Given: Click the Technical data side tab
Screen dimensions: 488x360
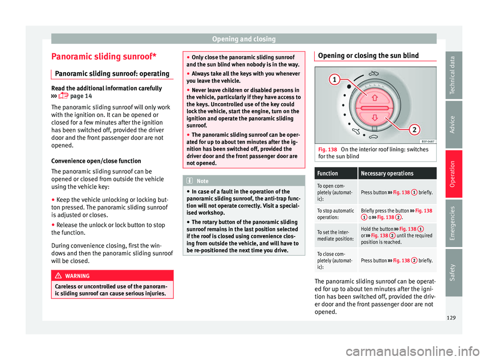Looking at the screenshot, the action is pos(453,75).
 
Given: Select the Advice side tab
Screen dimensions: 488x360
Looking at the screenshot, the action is pos(453,125).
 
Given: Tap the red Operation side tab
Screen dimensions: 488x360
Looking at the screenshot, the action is pos(453,174).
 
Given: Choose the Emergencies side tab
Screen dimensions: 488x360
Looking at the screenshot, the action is pos(453,223).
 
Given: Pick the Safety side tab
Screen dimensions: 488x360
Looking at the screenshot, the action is pos(453,273).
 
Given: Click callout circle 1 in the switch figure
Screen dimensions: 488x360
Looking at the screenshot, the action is pos(334,79).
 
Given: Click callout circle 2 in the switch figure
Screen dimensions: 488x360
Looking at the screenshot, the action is pos(414,129).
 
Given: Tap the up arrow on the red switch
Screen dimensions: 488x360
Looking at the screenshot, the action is pos(375,98).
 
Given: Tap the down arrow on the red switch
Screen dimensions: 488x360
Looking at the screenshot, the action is pos(375,117).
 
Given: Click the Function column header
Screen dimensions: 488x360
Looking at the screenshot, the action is pos(327,173).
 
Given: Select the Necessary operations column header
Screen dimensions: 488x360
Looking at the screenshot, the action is pos(387,173).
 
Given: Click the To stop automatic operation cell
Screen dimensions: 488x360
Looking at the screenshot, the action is pos(336,214).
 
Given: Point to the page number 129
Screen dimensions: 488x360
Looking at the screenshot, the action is pos(451,318).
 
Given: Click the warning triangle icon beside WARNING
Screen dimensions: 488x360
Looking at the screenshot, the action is pos(58,276).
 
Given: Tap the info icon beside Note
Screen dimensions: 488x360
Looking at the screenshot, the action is pos(190,181).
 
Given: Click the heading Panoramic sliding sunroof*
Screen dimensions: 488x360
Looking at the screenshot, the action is pos(104,56).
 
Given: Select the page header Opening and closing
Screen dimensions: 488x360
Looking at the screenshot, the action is pos(243,39).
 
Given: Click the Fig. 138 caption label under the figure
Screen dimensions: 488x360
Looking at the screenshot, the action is pos(327,149).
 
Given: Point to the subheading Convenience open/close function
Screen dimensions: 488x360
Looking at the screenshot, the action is pos(96,161).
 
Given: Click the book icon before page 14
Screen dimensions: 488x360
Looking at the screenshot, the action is pos(63,96).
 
